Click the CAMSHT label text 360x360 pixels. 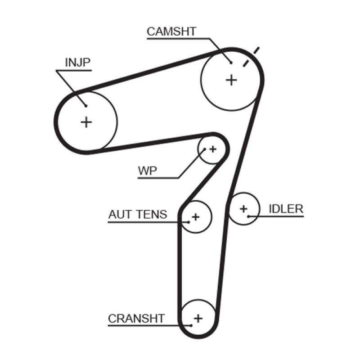(171, 31)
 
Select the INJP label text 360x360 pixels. (78, 63)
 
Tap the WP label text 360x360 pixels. (147, 171)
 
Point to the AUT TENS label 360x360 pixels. (137, 214)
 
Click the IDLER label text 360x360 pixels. (286, 209)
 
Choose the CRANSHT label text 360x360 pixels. (136, 319)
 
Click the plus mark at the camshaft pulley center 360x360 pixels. (231, 80)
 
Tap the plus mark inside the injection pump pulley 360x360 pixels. (86, 121)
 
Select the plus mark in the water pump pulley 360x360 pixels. (213, 148)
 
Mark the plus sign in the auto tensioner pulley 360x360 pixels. (195, 217)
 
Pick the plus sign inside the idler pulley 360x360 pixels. (243, 209)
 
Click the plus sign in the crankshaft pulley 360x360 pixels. (198, 318)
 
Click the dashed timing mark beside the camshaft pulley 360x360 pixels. (251, 57)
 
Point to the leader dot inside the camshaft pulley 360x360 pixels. (230, 63)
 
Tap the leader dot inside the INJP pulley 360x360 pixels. (85, 106)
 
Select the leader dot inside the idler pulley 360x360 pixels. (248, 216)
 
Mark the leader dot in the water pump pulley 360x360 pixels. (205, 149)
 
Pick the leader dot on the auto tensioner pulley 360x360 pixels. (188, 221)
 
